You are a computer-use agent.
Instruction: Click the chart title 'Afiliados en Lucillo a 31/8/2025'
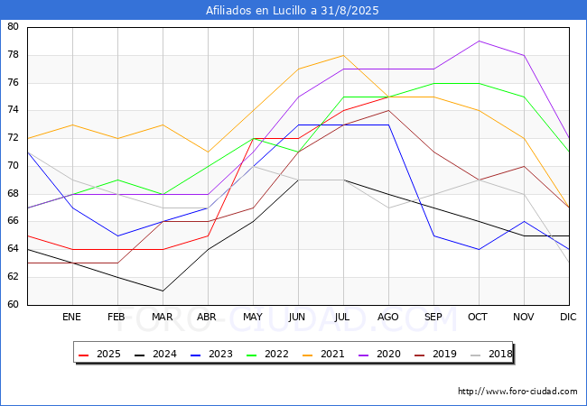coord(293,11)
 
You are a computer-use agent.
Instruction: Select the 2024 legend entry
coord(148,355)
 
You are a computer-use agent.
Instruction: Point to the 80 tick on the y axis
coord(13,27)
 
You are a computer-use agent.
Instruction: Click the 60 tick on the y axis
coord(13,305)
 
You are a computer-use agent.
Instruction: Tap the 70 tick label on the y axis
coord(13,166)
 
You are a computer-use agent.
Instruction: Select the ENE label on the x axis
coord(72,318)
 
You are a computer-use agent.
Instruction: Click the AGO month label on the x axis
coord(388,318)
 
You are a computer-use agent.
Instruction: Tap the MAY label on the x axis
coord(253,318)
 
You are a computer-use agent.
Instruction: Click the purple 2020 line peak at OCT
coord(479,41)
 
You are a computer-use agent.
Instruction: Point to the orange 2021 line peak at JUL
coord(343,55)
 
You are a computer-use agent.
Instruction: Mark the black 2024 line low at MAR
coord(163,291)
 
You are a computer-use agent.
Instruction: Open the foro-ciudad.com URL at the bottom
coord(517,392)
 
